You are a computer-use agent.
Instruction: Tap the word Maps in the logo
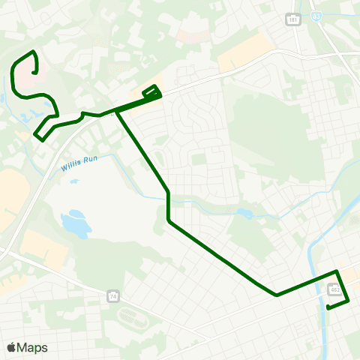pyautogui.click(x=32, y=347)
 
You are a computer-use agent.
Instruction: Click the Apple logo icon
pyautogui.click(x=11, y=347)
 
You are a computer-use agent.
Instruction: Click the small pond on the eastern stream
pyautogui.click(x=245, y=214)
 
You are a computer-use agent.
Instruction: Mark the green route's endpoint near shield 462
pyautogui.click(x=328, y=307)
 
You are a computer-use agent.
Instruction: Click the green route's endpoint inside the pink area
pyautogui.click(x=34, y=72)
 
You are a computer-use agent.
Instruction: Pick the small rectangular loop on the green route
pyautogui.click(x=151, y=91)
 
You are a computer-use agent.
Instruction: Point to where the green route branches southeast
pyautogui.click(x=117, y=111)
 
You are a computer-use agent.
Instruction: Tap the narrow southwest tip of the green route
pyautogui.click(x=37, y=136)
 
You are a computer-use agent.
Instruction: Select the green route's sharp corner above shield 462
pyautogui.click(x=337, y=271)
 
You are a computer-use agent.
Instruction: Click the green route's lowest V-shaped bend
pyautogui.click(x=277, y=295)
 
